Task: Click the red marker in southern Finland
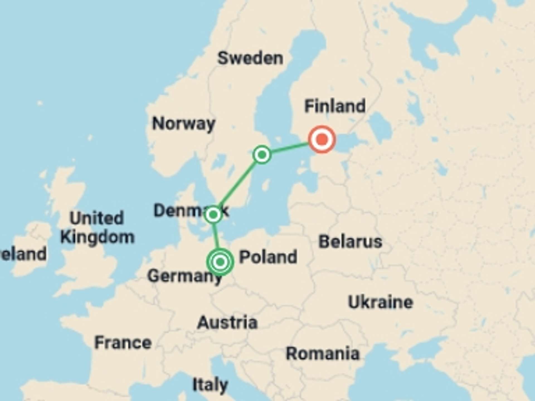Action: click(322, 139)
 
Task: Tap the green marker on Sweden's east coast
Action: click(262, 155)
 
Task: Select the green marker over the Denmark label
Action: click(213, 215)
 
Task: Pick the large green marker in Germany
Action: click(220, 262)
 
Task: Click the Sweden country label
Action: click(250, 58)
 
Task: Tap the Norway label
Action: click(184, 123)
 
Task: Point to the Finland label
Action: click(335, 106)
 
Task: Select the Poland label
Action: click(268, 257)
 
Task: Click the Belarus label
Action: click(350, 241)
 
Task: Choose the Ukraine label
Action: click(380, 302)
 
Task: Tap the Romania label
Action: click(323, 354)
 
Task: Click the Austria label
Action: click(227, 322)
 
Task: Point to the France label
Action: click(123, 343)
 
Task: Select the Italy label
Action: click(210, 385)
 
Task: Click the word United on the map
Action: click(97, 218)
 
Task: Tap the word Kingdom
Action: click(98, 237)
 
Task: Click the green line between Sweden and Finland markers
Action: click(290, 148)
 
